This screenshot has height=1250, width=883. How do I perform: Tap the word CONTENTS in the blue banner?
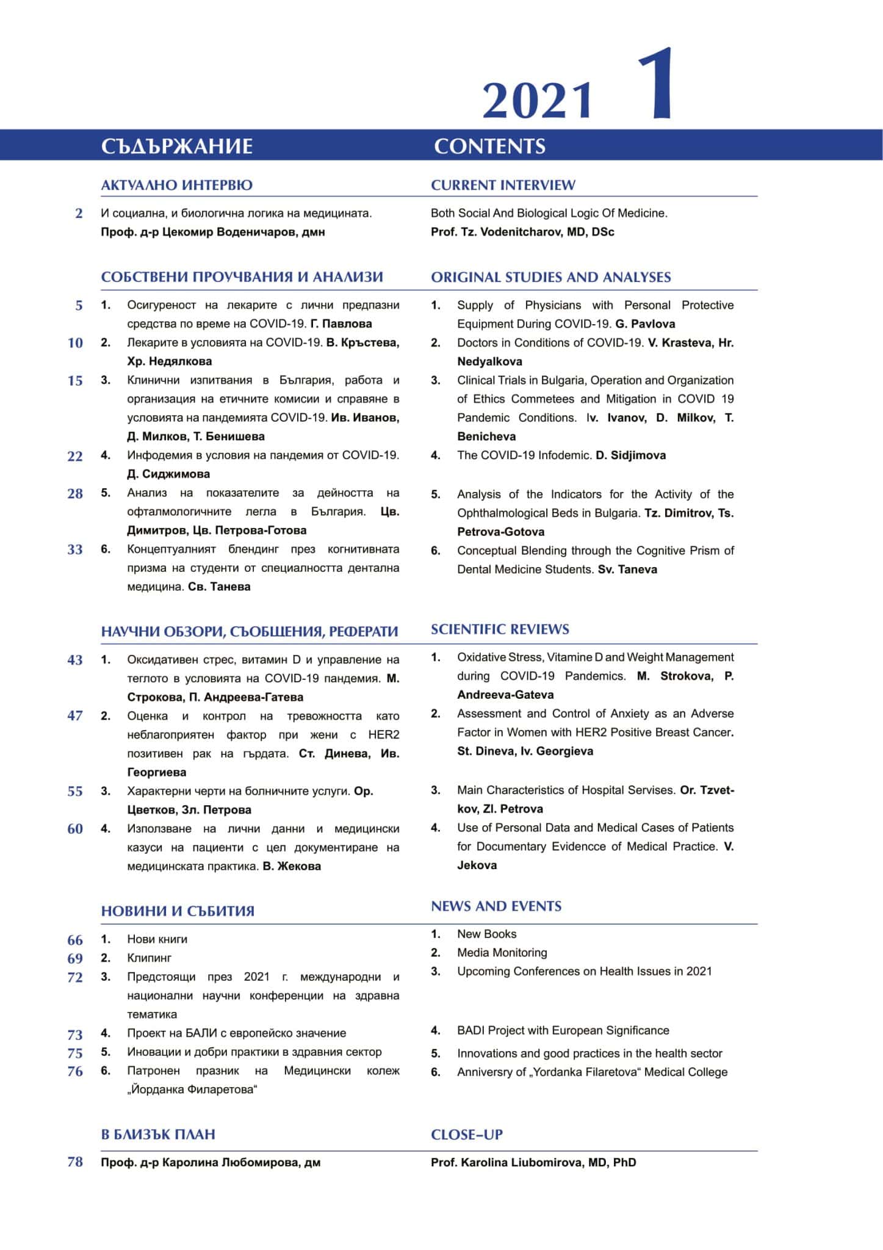point(489,146)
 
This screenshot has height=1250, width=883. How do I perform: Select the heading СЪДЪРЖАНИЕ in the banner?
point(177,146)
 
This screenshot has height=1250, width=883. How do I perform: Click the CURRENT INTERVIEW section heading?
point(503,185)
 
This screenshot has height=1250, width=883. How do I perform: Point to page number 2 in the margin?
point(79,214)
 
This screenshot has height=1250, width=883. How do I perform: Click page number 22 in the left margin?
point(75,456)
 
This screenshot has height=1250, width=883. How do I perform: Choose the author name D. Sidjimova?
point(630,455)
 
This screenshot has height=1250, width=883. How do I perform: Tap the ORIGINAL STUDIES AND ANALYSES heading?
point(550,277)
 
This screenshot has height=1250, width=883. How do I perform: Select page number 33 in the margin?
point(75,550)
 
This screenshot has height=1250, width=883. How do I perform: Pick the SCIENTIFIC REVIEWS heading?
point(500,629)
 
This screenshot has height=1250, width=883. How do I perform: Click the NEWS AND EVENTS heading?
point(496,906)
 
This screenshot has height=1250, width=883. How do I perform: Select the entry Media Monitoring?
point(502,953)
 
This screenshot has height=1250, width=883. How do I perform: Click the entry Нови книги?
point(157,939)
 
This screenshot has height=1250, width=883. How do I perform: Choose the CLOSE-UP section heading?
point(467,1135)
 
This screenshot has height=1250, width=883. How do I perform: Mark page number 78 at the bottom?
point(75,1162)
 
